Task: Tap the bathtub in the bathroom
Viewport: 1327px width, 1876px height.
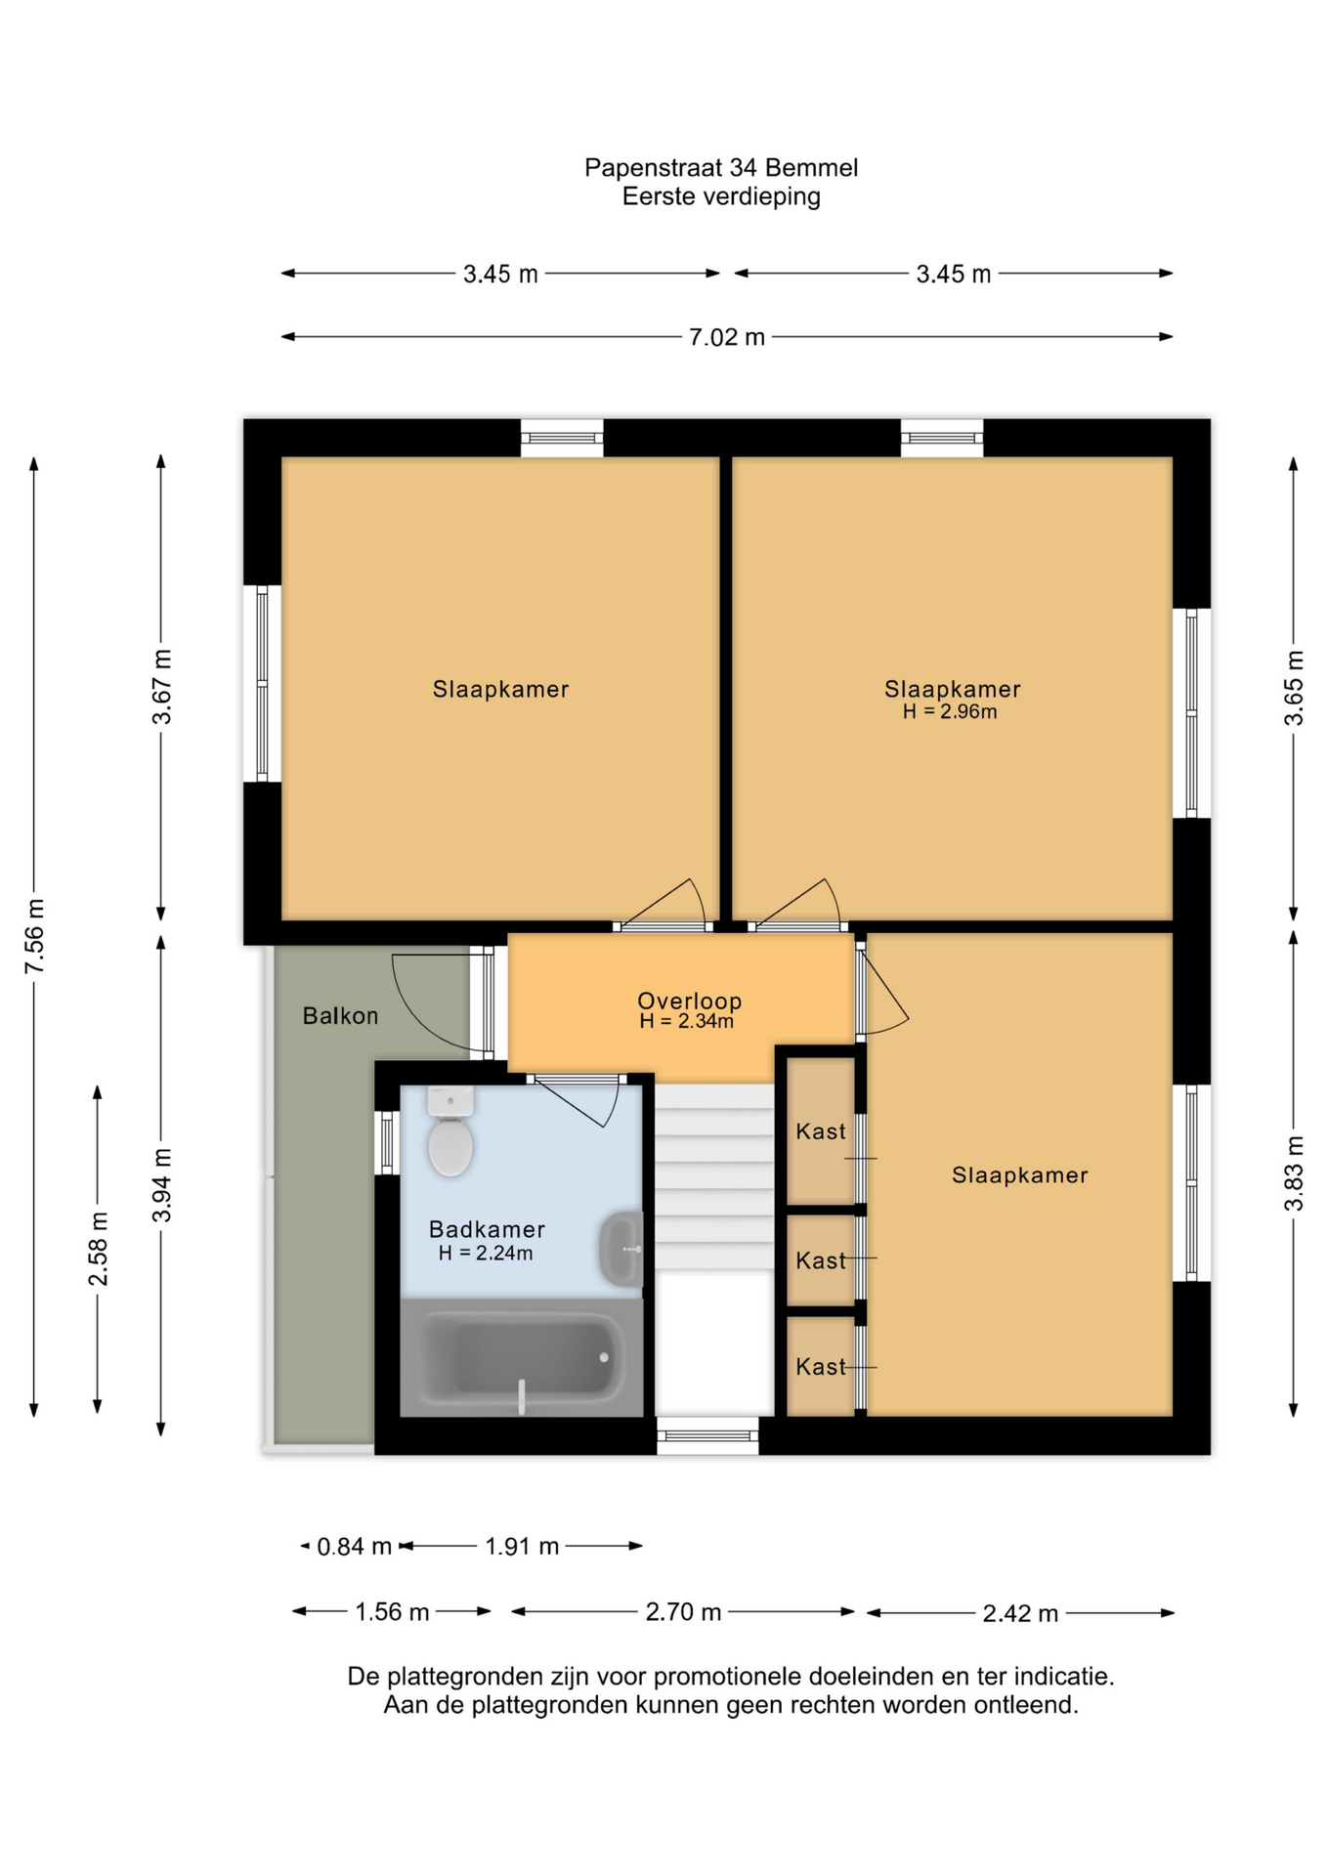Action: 522,1358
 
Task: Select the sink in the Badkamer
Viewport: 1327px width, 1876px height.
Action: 621,1250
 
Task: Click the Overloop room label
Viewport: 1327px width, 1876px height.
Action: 689,1001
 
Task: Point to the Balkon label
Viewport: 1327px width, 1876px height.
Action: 340,1016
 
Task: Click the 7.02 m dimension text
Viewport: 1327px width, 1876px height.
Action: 727,337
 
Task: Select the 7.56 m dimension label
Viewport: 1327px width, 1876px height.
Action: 35,935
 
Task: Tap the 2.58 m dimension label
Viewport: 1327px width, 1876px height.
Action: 99,1249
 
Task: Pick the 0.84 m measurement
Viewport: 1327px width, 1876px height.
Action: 354,1547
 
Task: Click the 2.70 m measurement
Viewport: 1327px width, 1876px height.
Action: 683,1612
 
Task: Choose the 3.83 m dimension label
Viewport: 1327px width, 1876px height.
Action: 1294,1173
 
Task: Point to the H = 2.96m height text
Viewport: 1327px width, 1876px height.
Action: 950,711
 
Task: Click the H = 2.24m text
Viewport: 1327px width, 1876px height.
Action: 486,1253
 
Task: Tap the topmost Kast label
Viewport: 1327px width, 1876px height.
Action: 821,1131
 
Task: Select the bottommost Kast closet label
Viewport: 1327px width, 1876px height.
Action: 821,1367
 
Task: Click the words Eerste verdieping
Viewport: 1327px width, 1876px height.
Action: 721,196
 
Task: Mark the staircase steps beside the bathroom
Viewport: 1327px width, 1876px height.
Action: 714,1177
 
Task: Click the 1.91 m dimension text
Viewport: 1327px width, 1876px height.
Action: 522,1547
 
